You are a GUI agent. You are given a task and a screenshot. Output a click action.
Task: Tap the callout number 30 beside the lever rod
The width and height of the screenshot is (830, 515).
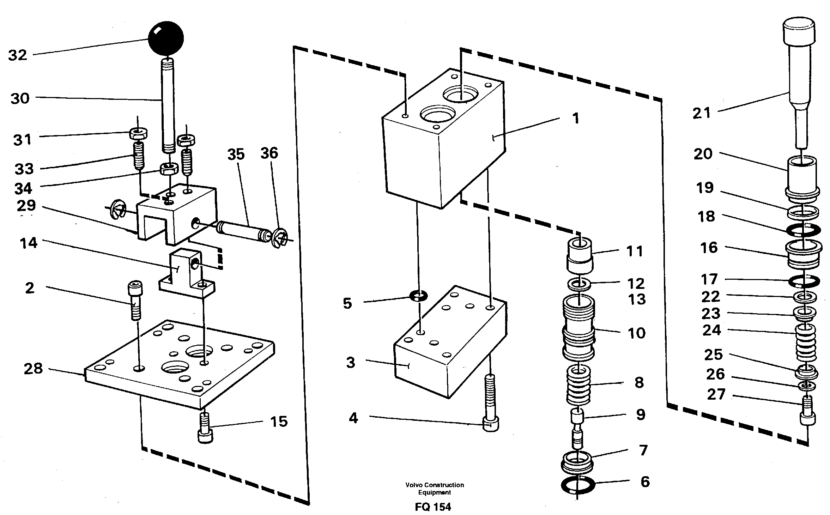pyautogui.click(x=20, y=98)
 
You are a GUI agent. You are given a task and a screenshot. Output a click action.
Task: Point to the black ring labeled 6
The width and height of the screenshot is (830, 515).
pyautogui.click(x=577, y=485)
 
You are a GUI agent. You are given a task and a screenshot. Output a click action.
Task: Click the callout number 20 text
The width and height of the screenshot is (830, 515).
pyautogui.click(x=703, y=154)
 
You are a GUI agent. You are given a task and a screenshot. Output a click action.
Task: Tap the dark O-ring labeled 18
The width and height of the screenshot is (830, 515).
pyautogui.click(x=802, y=230)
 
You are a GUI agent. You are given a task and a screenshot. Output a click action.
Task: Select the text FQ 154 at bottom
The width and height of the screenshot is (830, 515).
pyautogui.click(x=433, y=507)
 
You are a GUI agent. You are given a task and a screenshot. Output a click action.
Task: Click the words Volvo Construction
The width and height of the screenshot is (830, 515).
pyautogui.click(x=435, y=485)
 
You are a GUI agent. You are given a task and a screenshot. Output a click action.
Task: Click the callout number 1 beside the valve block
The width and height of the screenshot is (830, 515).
pyautogui.click(x=576, y=119)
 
